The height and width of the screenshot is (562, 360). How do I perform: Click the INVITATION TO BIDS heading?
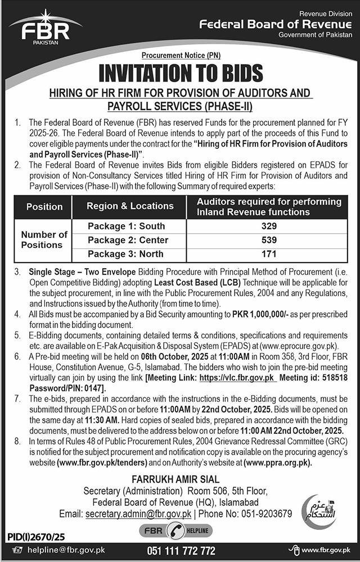coord(180,73)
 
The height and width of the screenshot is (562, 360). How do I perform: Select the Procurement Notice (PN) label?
coord(180,56)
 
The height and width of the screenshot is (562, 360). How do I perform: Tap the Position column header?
coord(44,206)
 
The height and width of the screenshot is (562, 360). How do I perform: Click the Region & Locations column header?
coord(130,206)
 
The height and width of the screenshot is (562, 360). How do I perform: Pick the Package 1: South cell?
coord(127,226)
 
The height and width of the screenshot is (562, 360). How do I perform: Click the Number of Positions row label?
coord(44,240)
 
